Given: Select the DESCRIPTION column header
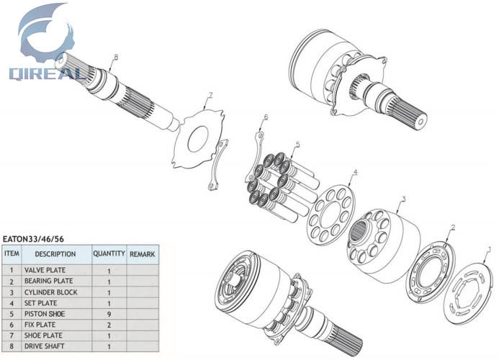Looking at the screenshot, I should [x=55, y=254].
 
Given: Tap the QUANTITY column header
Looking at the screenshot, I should [x=109, y=254].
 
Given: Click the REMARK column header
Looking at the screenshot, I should [x=142, y=254].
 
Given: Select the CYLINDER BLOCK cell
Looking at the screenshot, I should [x=56, y=292].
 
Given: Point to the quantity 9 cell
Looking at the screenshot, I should [x=109, y=314].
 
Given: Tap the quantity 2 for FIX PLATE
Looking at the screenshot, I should [x=109, y=325].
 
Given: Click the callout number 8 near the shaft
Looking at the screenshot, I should [x=115, y=57].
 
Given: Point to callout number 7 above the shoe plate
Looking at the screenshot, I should [x=210, y=95].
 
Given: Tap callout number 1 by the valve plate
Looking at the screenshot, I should [x=490, y=250].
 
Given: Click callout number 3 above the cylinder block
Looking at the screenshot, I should [x=403, y=199].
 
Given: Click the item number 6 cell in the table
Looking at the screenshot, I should [x=12, y=325].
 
